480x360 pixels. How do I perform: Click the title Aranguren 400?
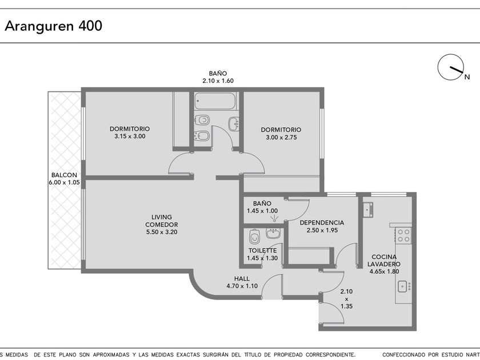pyautogui.click(x=53, y=26)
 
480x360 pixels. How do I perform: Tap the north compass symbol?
pyautogui.click(x=451, y=67)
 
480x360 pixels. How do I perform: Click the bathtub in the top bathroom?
pyautogui.click(x=215, y=101)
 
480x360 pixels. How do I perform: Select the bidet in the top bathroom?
pyautogui.click(x=202, y=135)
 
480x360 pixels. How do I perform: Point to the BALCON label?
pyautogui.click(x=64, y=175)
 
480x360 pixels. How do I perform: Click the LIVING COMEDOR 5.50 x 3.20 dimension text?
pyautogui.click(x=162, y=232)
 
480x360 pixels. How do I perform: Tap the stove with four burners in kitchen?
pyautogui.click(x=403, y=235)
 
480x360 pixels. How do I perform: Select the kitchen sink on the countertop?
pyautogui.click(x=404, y=286)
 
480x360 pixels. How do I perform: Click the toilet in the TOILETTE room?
pyautogui.click(x=254, y=237)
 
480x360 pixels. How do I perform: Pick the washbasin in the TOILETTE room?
pyautogui.click(x=273, y=233)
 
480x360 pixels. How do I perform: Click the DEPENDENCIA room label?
pyautogui.click(x=322, y=222)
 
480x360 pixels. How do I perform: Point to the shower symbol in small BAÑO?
pyautogui.click(x=274, y=218)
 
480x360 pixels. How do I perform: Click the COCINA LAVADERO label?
pyautogui.click(x=384, y=260)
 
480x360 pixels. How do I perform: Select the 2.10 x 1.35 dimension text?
pyautogui.click(x=346, y=299)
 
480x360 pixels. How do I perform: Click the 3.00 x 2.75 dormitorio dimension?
pyautogui.click(x=281, y=138)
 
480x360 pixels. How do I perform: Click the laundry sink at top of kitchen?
pyautogui.click(x=367, y=210)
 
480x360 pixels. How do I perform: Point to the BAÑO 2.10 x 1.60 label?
pyautogui.click(x=218, y=77)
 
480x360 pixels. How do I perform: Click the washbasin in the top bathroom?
pyautogui.click(x=234, y=123)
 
